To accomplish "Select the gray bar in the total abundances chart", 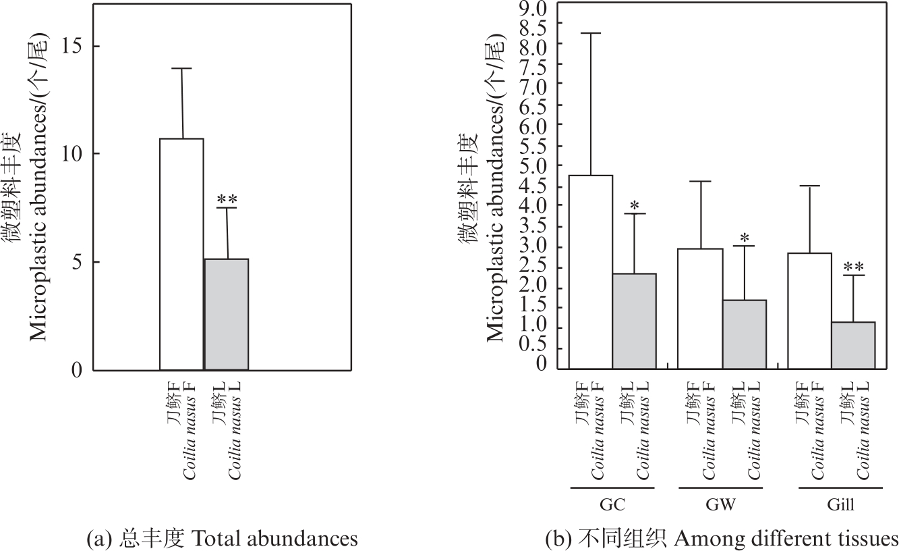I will point(227,314).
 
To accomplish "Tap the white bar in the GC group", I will point(591,272).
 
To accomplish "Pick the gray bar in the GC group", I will point(634,321).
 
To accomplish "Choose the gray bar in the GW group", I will point(744,334).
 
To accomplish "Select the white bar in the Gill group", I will point(809,311).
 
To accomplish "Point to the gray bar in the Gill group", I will point(853,345).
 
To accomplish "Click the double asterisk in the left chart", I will point(227,200).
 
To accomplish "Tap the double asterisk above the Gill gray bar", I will point(853,267).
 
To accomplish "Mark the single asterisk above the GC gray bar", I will point(634,205).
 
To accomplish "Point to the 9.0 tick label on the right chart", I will point(533,8).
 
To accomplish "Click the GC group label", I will point(612,506).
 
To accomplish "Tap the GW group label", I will point(722,506).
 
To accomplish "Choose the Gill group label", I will point(832,506).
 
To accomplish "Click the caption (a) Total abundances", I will point(223,538).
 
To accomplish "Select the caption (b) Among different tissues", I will point(721,538).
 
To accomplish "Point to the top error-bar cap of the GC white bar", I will point(591,33).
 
